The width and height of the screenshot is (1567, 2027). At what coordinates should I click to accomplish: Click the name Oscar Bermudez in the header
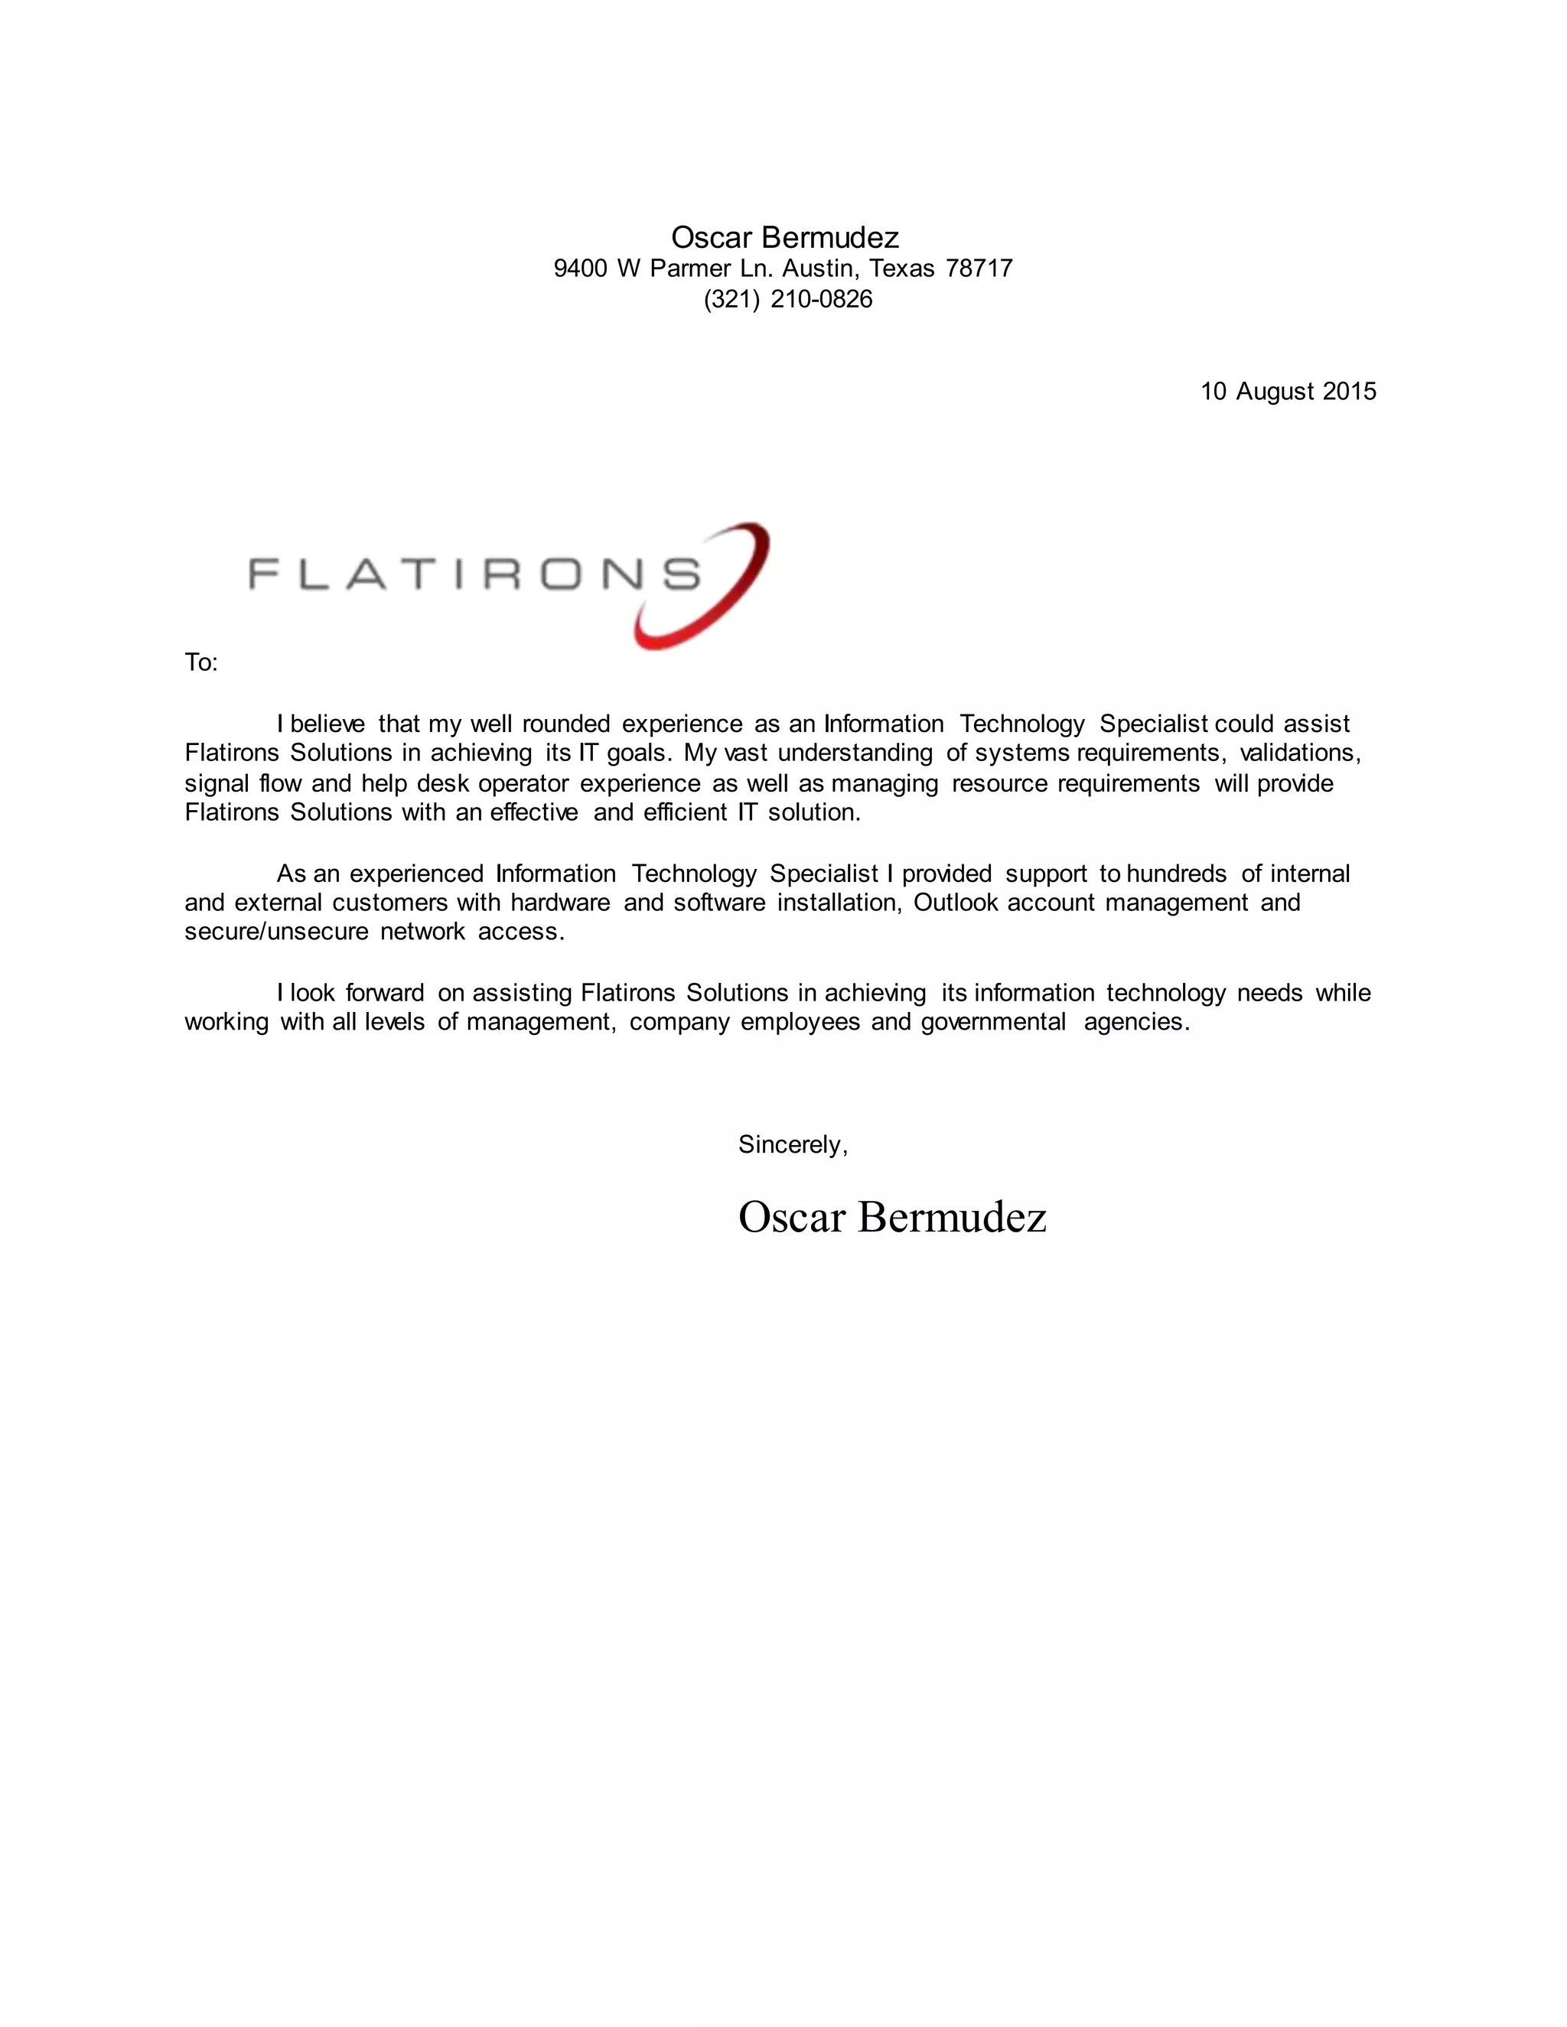pyautogui.click(x=784, y=238)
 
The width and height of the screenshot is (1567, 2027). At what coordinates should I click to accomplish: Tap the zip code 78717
pyautogui.click(x=979, y=269)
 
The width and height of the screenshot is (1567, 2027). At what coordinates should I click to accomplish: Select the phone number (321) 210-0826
pyautogui.click(x=787, y=300)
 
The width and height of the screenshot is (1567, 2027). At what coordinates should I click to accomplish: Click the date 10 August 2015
pyautogui.click(x=1288, y=392)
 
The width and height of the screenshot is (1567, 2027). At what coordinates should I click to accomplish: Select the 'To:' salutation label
pyautogui.click(x=200, y=662)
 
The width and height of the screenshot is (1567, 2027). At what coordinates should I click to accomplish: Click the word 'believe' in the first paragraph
pyautogui.click(x=327, y=724)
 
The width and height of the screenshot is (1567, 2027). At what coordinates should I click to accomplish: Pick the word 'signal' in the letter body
pyautogui.click(x=217, y=784)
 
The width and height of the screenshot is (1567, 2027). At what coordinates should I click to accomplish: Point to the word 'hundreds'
pyautogui.click(x=1176, y=874)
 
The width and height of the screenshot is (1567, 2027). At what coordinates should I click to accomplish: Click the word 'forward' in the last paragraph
pyautogui.click(x=384, y=993)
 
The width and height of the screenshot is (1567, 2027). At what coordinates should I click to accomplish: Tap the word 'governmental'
pyautogui.click(x=992, y=1023)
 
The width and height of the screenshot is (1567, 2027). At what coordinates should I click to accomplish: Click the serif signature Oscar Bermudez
pyautogui.click(x=891, y=1217)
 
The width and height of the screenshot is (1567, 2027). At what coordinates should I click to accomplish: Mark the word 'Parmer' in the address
pyautogui.click(x=689, y=269)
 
